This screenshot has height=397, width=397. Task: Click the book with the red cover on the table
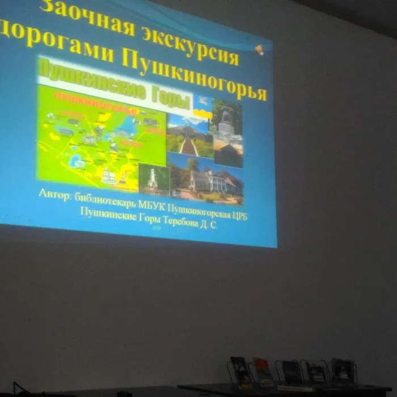click(263, 371)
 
